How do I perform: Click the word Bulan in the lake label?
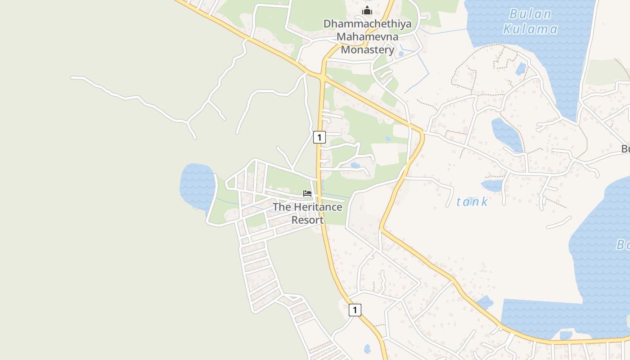point(530,14)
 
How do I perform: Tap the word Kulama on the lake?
point(530,29)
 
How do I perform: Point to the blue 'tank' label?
point(472,202)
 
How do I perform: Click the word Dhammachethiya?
point(367,24)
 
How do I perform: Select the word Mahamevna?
point(367,36)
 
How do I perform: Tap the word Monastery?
point(367,49)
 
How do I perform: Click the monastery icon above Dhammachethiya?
point(367,11)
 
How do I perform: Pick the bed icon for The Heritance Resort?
point(307,193)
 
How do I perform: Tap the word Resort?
point(307,220)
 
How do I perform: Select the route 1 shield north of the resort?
point(319,137)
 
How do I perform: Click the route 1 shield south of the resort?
point(355,310)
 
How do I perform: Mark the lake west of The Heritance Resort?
point(197,184)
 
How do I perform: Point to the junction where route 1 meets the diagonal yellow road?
point(323,78)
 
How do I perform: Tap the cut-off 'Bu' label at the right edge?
point(625,149)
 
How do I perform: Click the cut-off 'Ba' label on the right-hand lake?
point(623,245)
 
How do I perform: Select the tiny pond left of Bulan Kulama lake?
point(521,69)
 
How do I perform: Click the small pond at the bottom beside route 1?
point(367,348)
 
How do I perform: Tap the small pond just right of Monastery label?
point(401,54)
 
